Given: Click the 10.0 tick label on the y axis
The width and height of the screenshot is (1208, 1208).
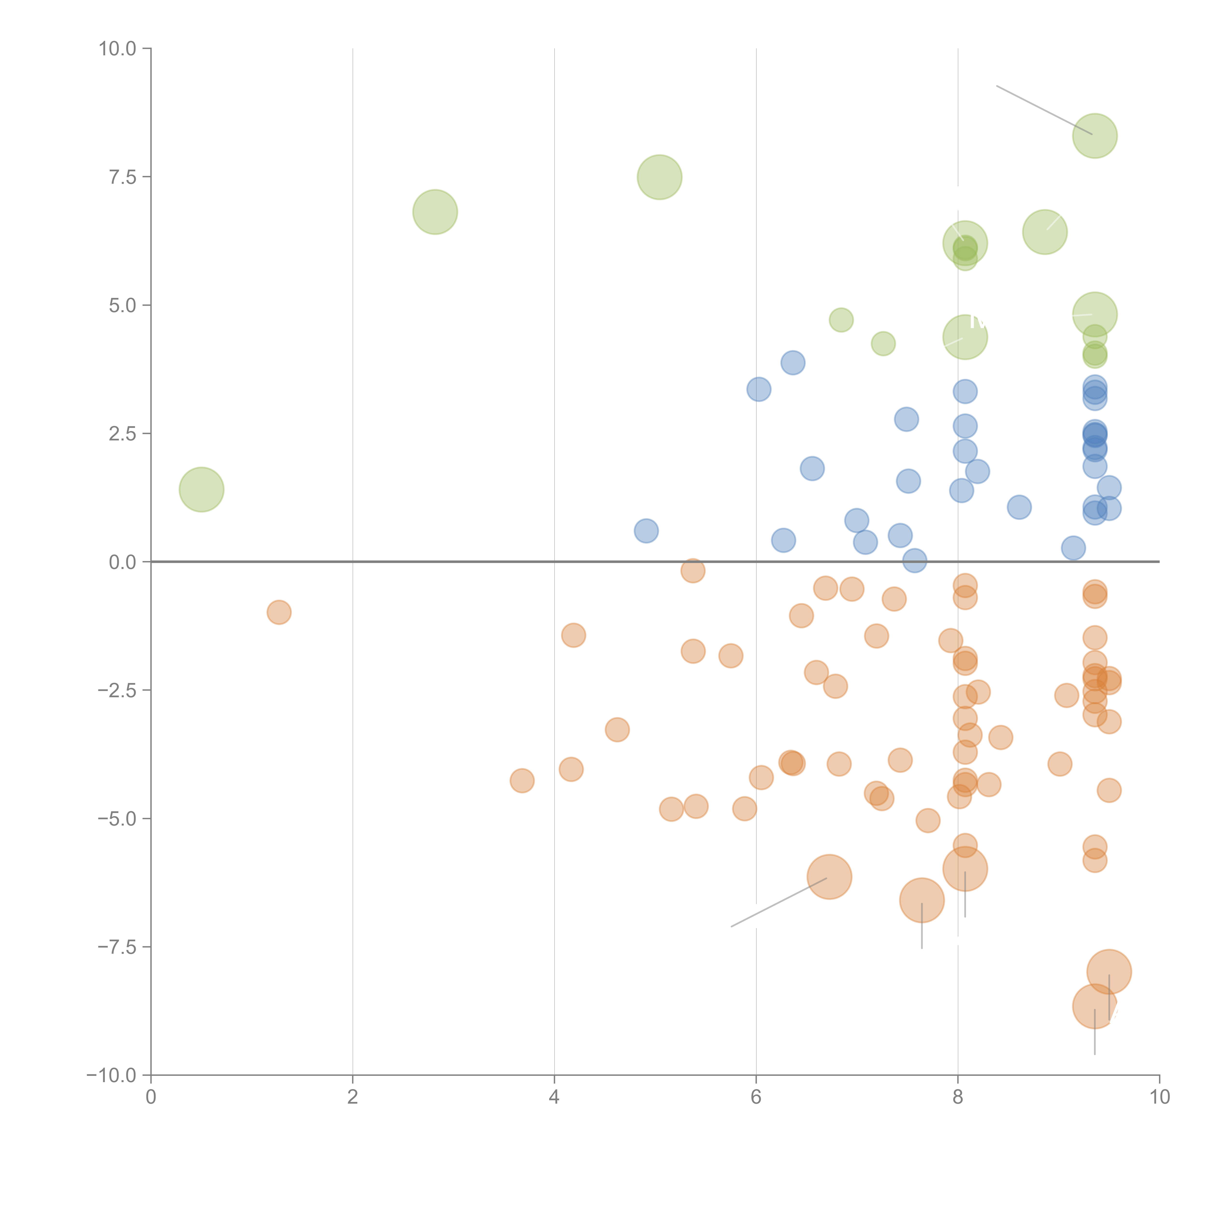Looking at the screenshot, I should (x=118, y=49).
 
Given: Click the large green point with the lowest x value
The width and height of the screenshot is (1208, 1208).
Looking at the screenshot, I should (x=201, y=489).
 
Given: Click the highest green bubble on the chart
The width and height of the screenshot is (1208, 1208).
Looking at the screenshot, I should (x=1095, y=136).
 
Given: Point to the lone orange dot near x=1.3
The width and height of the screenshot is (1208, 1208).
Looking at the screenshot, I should (x=279, y=612).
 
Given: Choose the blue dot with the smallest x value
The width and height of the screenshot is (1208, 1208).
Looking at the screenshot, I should (x=646, y=531).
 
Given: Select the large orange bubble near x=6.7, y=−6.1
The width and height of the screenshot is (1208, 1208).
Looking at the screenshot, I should (x=829, y=877).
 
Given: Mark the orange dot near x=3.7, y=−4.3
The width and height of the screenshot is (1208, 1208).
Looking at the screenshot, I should (x=522, y=780).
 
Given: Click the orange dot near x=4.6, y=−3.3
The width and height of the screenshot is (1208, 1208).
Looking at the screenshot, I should (x=617, y=730).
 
